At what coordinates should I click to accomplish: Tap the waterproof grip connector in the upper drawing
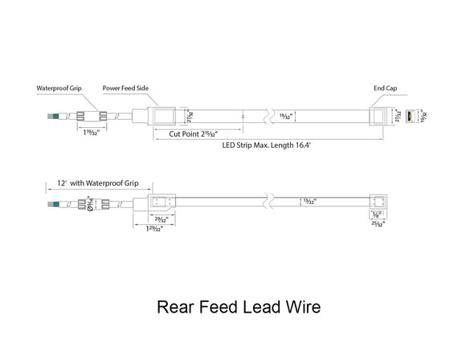(89, 116)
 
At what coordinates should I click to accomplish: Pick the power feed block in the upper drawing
(166, 116)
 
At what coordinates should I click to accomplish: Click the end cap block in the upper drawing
(379, 116)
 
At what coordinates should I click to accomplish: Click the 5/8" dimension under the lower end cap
(378, 215)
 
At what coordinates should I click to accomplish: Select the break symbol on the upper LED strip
(272, 116)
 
